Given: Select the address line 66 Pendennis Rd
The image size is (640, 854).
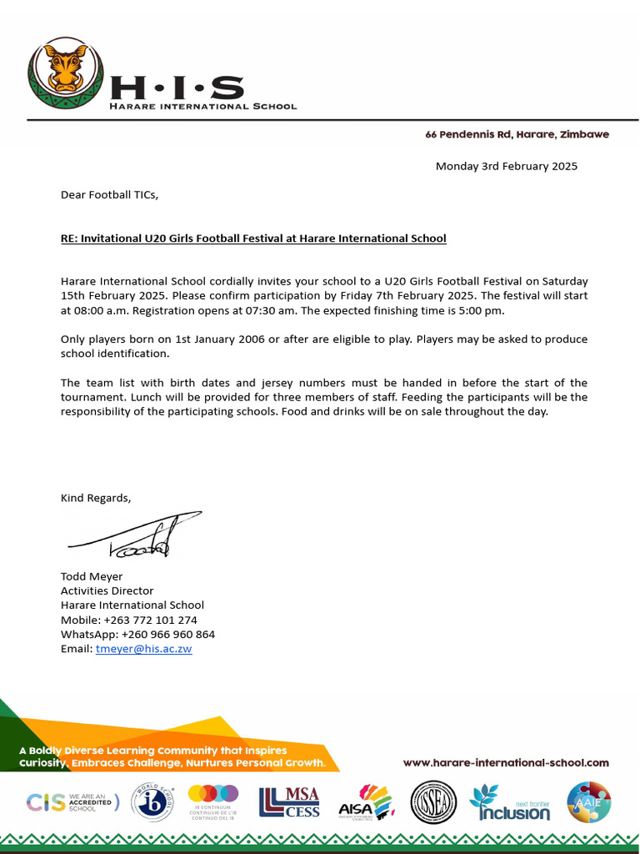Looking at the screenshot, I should tap(517, 134).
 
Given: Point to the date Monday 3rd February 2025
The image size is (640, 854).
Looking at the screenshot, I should tap(506, 166).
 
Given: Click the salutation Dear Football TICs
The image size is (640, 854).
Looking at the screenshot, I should tap(109, 195).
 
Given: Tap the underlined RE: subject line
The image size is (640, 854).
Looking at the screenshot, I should tap(253, 239).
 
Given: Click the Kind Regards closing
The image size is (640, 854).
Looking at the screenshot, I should tap(96, 498).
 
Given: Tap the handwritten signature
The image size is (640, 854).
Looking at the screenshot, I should tap(137, 535).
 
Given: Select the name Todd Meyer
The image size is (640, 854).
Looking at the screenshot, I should tap(92, 576).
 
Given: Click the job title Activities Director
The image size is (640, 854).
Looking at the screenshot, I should tap(107, 590).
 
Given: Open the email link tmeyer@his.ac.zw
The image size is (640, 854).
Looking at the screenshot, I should tap(143, 649).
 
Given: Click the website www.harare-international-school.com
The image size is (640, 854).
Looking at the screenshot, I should tap(506, 762).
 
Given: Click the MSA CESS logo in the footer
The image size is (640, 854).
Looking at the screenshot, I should tap(289, 802).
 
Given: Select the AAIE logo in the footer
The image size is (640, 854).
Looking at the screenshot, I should tap(588, 802).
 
